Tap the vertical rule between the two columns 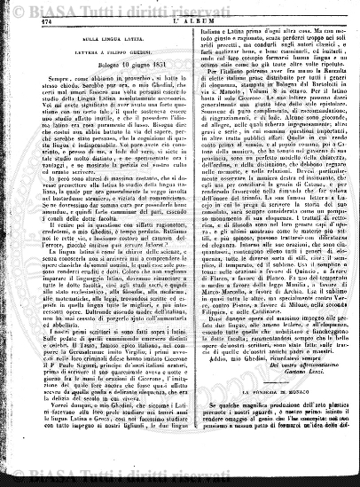[x=185, y=248]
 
